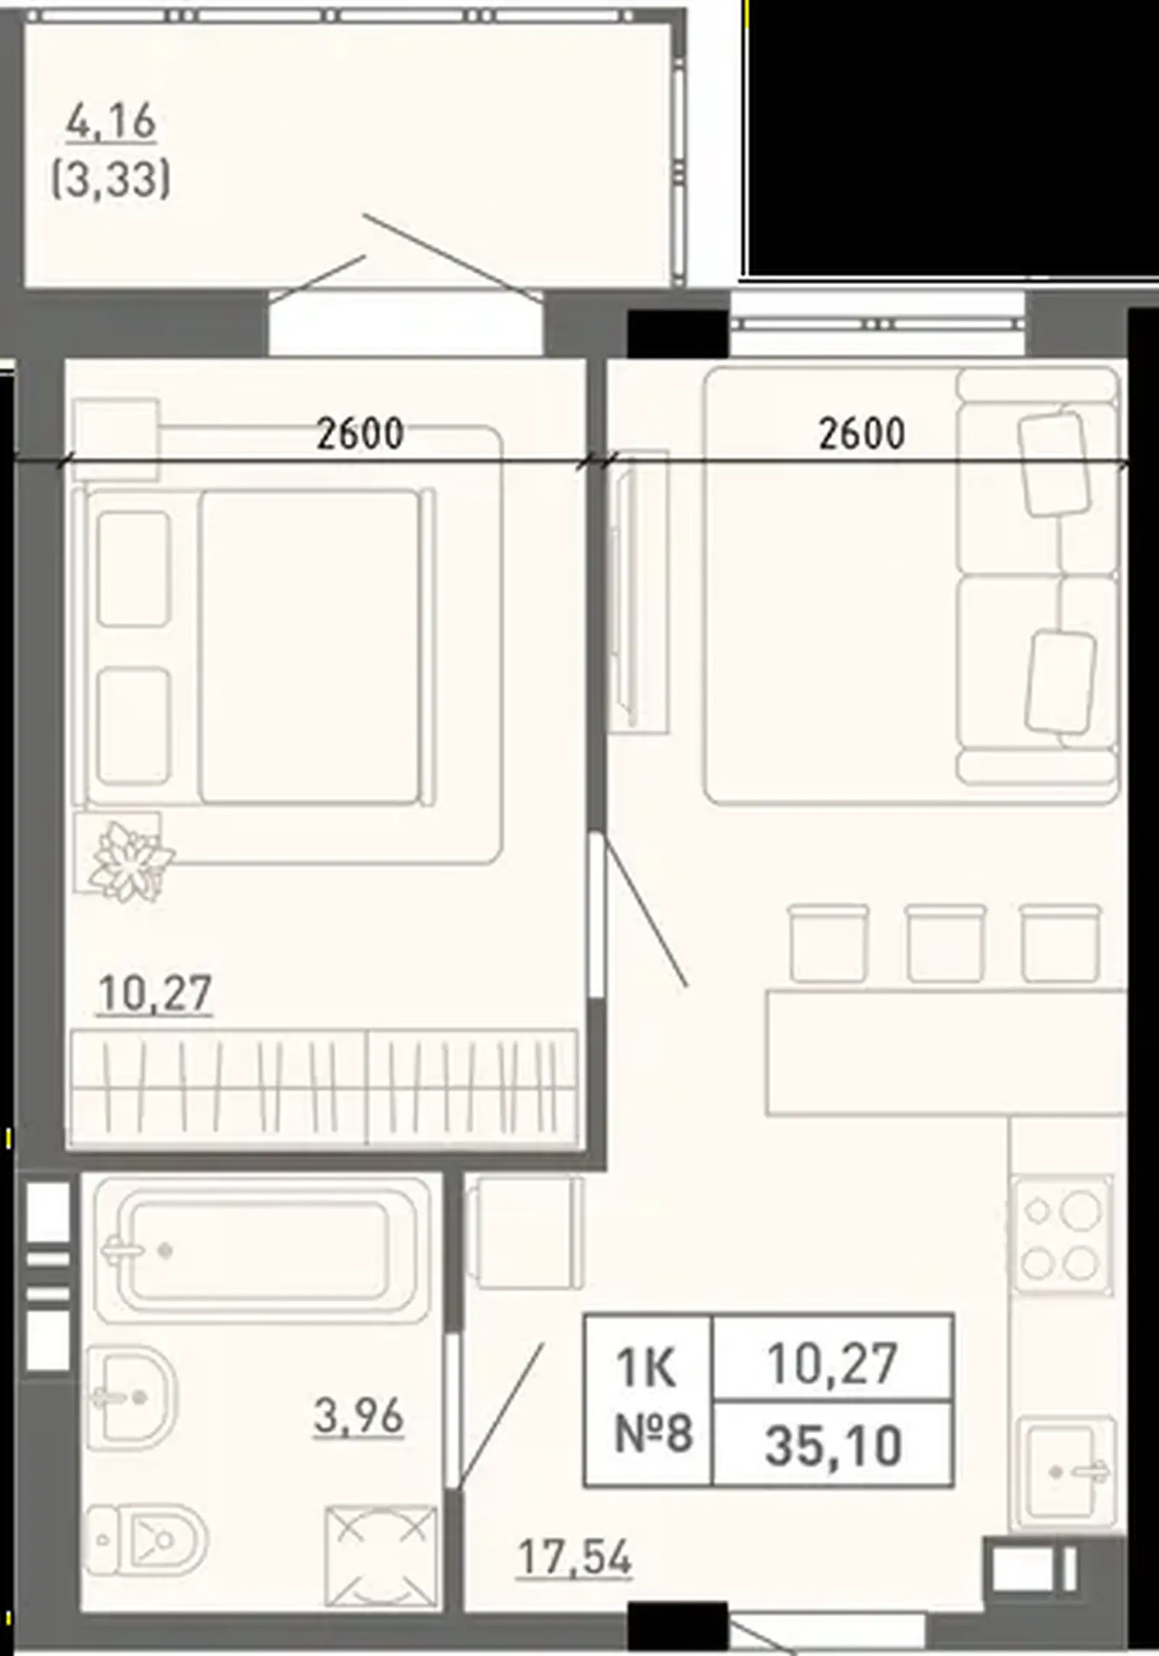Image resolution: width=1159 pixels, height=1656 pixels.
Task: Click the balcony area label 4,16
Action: (x=111, y=122)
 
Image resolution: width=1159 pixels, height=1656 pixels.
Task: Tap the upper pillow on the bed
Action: (x=134, y=568)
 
